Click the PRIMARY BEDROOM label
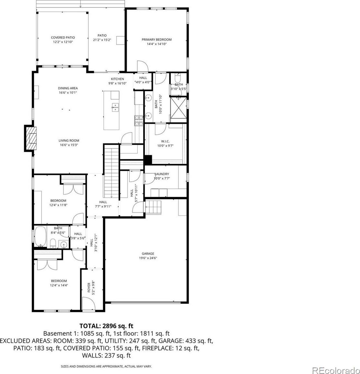coord(157,40)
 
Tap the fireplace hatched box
coord(31,138)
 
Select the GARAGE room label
coord(148,253)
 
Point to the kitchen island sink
coord(115,107)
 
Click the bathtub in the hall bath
coord(40,237)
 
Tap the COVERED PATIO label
coord(63,37)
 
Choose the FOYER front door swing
coord(88,303)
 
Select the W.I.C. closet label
coord(165,141)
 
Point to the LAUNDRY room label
coord(162,174)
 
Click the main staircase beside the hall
coord(111,171)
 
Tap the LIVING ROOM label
coord(69,141)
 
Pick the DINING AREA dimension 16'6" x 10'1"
coord(68,93)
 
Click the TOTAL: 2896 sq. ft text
coord(106,326)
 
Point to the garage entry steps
coord(153,207)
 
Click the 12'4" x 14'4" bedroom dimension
coord(59,285)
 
